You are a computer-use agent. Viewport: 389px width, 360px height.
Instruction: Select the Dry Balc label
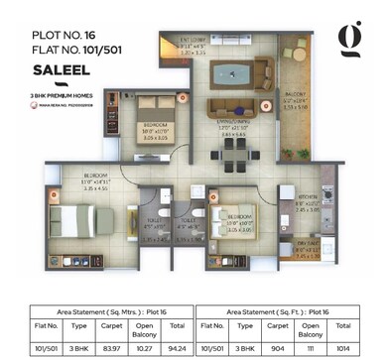pos(307,242)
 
